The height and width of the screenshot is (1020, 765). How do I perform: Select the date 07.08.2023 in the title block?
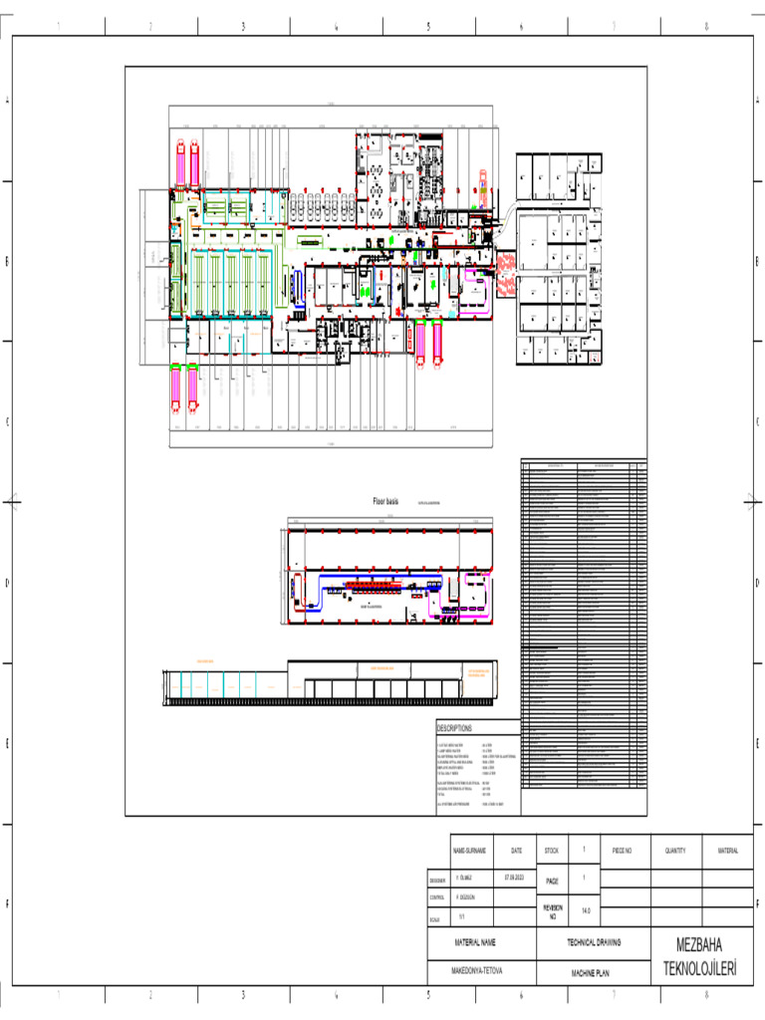(x=514, y=878)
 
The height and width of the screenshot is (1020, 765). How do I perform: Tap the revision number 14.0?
(x=586, y=910)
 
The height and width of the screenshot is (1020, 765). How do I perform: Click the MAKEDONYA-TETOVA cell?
(x=474, y=971)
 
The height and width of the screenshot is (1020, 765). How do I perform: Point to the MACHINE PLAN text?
(x=590, y=971)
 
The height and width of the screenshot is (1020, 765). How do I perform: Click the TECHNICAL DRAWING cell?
(x=594, y=941)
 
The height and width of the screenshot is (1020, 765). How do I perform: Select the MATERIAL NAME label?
(x=474, y=941)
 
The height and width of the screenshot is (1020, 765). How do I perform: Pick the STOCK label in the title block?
(x=551, y=851)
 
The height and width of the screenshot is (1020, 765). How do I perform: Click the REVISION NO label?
(x=552, y=910)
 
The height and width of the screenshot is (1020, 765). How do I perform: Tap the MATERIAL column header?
(x=727, y=851)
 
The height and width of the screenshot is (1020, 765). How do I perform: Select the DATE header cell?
(x=516, y=851)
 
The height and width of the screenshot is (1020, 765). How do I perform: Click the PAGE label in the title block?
(x=551, y=881)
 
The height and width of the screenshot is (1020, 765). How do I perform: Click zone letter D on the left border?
(x=7, y=583)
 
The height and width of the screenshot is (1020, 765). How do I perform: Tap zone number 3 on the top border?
(x=243, y=27)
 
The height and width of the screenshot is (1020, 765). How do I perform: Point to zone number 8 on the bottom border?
(x=705, y=994)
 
